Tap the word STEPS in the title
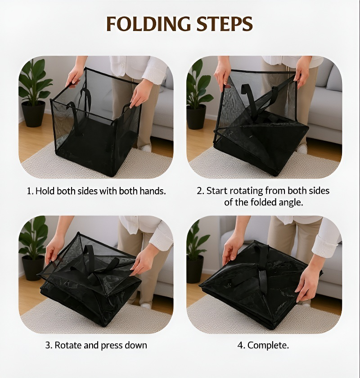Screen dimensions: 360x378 coord(225,24)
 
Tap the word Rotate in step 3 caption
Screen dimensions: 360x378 coord(68,345)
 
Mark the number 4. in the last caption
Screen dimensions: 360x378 coord(241,345)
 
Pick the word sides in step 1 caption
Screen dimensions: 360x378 coord(88,191)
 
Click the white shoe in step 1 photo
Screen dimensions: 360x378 coord(146,147)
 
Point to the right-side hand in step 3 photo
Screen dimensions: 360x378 coord(140,262)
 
